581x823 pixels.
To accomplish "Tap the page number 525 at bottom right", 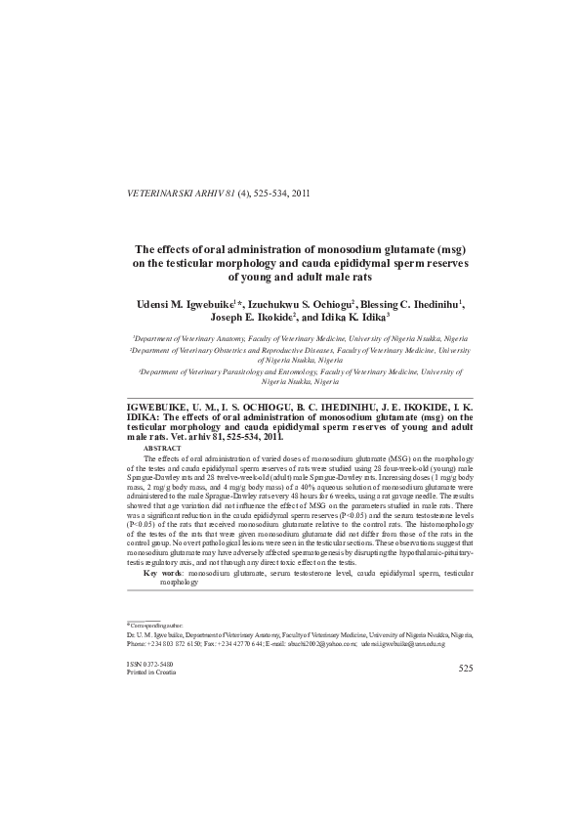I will coord(465,668).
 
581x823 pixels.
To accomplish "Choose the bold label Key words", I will coord(163,573).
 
